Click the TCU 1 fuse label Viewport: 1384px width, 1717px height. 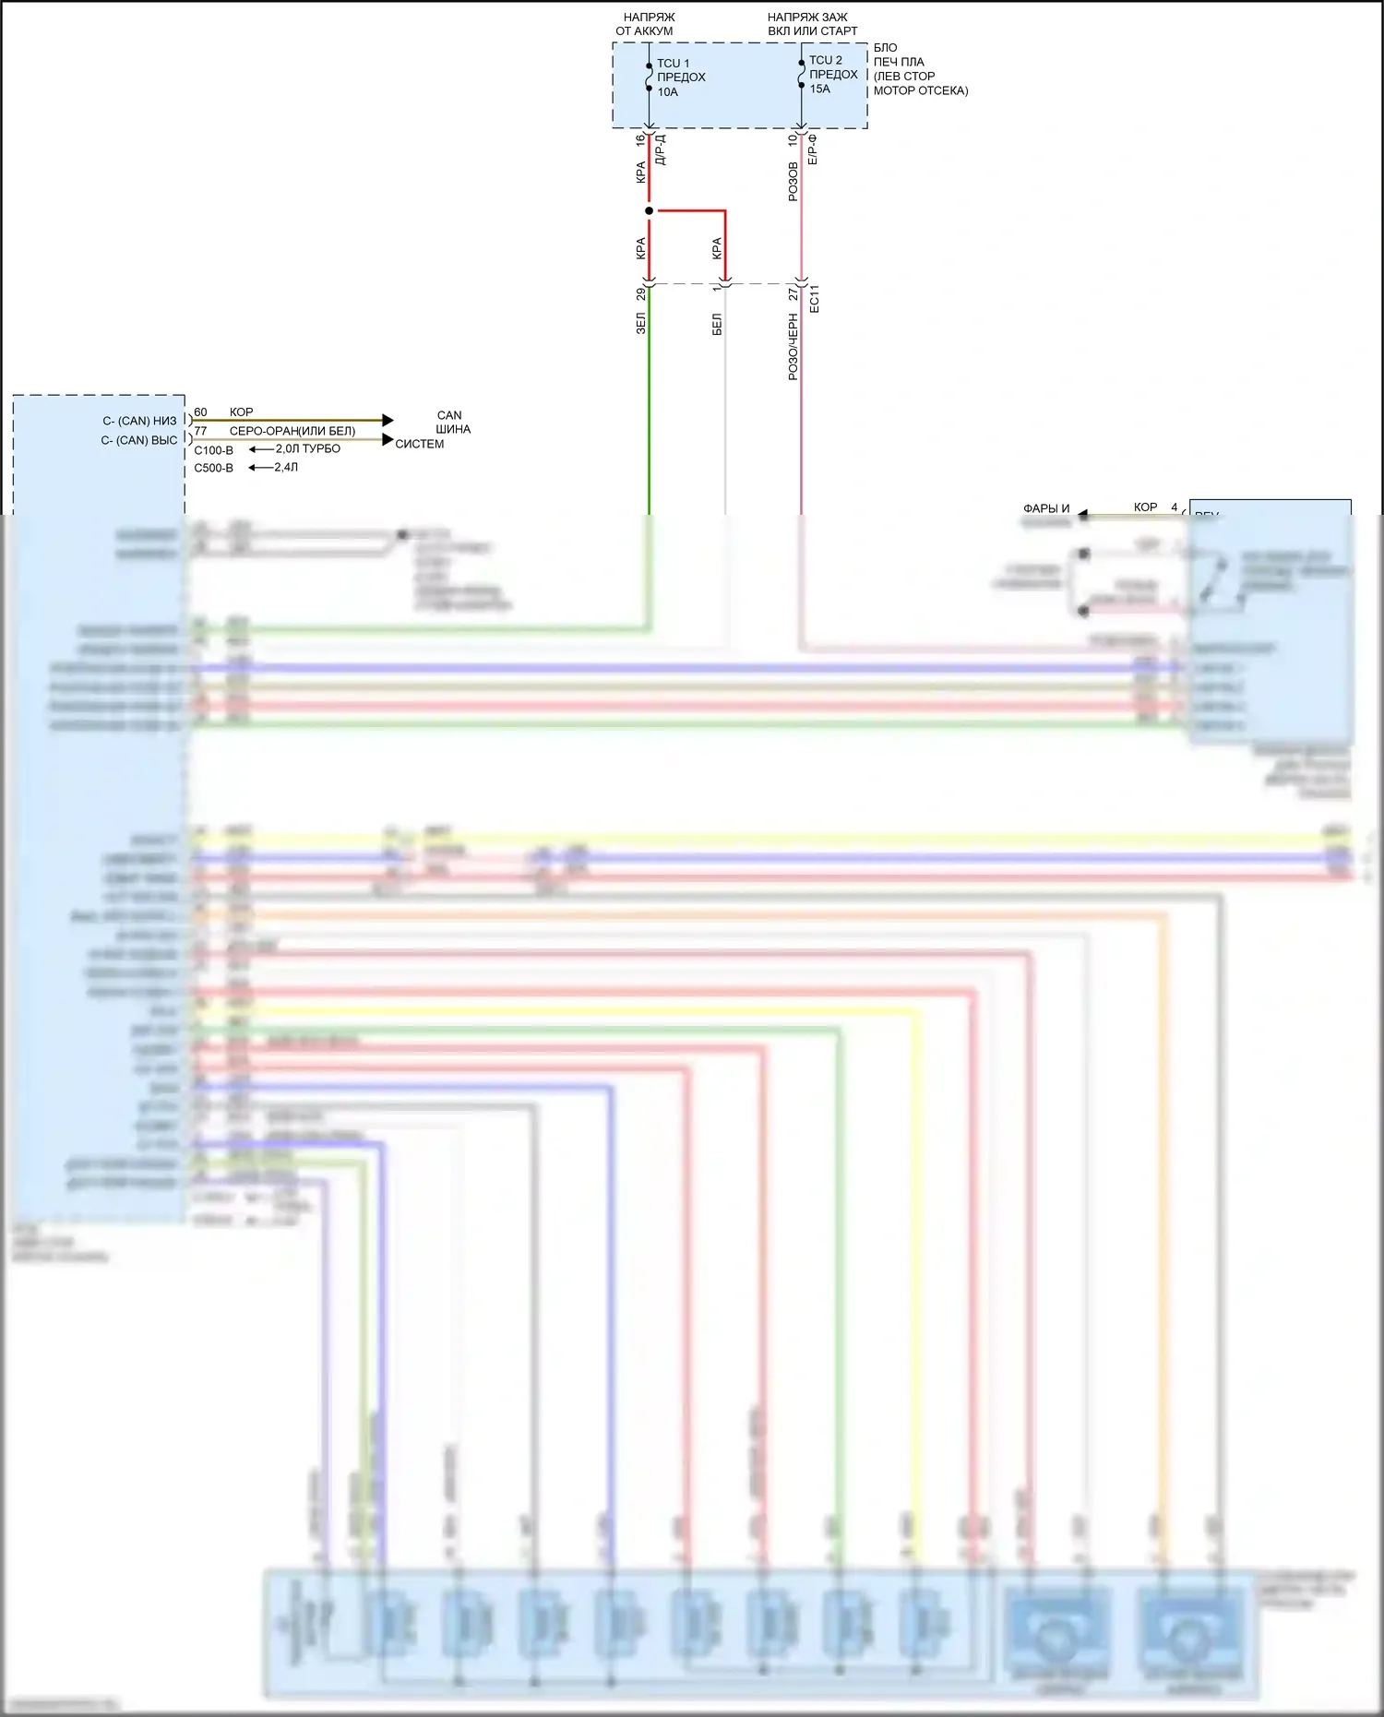pos(673,64)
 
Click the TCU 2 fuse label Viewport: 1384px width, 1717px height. pos(825,60)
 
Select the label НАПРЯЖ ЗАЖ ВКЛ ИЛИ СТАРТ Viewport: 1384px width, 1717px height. pos(811,24)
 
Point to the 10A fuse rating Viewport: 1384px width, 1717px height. pos(667,92)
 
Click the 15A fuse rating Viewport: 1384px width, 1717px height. pos(819,89)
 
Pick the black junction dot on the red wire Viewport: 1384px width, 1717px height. pos(649,211)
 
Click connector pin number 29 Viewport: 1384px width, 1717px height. pos(640,293)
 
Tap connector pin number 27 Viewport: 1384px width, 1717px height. pos(793,293)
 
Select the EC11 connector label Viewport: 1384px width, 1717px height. pos(814,298)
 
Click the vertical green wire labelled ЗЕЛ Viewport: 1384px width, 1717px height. pos(649,415)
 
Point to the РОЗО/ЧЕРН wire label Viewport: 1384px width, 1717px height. pos(793,347)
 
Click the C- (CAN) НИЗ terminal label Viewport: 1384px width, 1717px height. pos(139,421)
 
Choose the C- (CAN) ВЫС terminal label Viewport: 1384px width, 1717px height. pos(138,440)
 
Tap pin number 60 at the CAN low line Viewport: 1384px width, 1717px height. pos(200,412)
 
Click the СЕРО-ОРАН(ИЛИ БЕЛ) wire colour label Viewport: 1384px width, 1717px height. pos(292,431)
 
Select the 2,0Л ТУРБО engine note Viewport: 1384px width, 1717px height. pos(307,448)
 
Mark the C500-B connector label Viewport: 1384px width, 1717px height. pos(213,468)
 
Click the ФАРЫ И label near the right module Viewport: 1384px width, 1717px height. pos(1045,508)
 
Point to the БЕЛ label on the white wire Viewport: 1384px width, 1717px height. pos(717,324)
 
